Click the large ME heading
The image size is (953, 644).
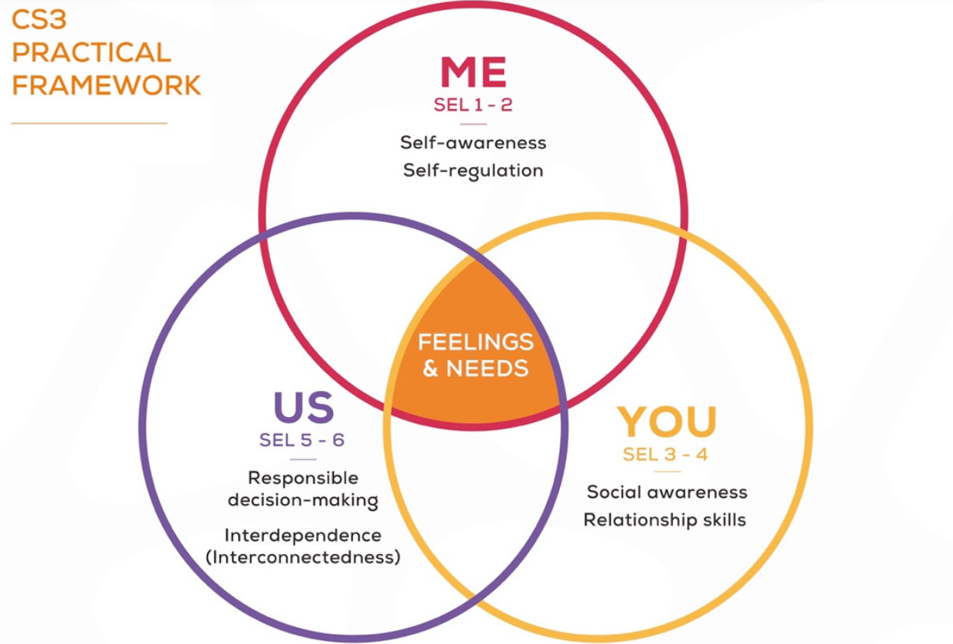[x=473, y=72]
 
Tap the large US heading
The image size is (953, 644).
[x=304, y=408]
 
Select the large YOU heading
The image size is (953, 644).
[x=666, y=422]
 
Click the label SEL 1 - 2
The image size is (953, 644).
[x=473, y=105]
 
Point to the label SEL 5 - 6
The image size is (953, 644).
[x=302, y=441]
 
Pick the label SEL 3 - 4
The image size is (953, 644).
[x=666, y=454]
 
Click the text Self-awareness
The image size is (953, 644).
[x=473, y=142]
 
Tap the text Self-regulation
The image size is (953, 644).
[x=473, y=170]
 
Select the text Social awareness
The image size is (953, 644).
[x=666, y=492]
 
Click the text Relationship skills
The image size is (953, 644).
[x=665, y=519]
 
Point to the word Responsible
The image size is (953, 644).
[x=303, y=479]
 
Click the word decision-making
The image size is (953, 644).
[x=303, y=501]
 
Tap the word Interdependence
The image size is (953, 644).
[x=303, y=535]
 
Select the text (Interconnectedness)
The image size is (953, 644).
[x=303, y=557]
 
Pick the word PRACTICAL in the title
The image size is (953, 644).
[x=91, y=52]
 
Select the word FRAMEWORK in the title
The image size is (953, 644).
[x=106, y=85]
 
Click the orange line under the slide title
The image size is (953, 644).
[x=89, y=122]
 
